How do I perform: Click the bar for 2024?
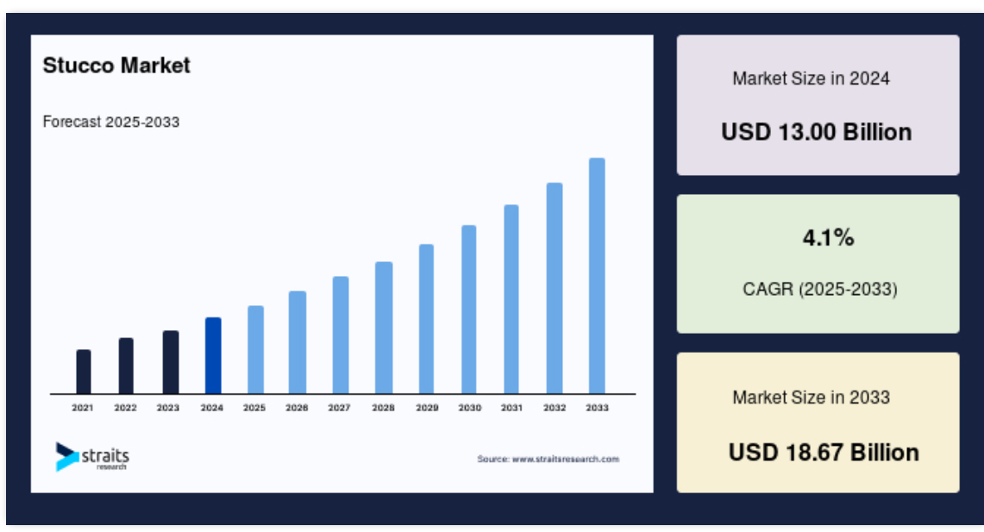(213, 356)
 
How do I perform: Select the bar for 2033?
(597, 276)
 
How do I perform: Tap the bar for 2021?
(84, 372)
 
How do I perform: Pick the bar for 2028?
(384, 329)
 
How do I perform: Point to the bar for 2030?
(469, 310)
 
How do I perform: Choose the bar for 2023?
(171, 363)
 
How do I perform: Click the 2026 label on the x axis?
(297, 408)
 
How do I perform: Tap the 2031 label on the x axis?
(511, 408)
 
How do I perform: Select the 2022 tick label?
(126, 408)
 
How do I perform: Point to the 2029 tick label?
(427, 408)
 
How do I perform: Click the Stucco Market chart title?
(116, 66)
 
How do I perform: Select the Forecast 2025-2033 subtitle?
(111, 122)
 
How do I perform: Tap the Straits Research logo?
(92, 457)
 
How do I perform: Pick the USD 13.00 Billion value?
(817, 132)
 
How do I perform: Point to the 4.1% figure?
(829, 238)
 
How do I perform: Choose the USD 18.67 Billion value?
(824, 453)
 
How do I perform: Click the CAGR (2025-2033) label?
(820, 289)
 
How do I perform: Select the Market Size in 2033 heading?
(812, 397)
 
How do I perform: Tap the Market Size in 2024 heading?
(812, 78)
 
